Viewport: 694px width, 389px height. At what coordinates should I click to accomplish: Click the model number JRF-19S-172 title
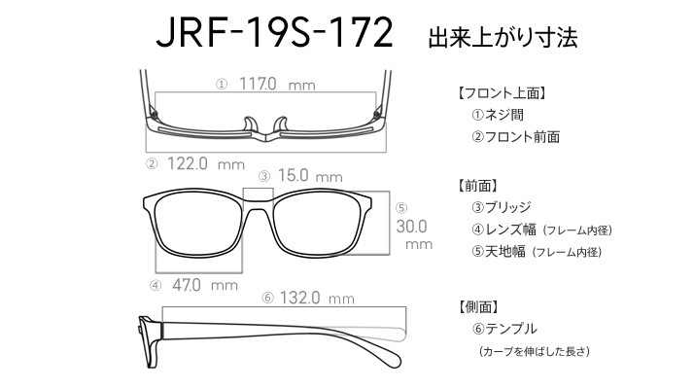[x=274, y=32]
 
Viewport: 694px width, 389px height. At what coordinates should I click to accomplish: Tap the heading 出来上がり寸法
[x=503, y=37]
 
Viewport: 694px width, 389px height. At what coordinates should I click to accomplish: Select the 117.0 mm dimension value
[x=277, y=84]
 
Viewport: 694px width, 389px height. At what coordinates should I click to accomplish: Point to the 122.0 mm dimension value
[x=206, y=164]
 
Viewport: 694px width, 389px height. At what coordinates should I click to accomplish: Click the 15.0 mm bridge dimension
[x=310, y=176]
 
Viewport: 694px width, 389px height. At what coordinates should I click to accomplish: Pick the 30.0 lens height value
[x=411, y=227]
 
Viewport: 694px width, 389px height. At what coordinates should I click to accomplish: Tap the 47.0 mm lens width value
[x=205, y=285]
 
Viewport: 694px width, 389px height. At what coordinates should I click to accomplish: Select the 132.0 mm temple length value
[x=317, y=298]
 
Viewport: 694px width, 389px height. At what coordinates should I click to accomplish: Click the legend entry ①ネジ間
[x=498, y=115]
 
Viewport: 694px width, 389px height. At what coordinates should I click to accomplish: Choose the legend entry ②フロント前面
[x=515, y=137]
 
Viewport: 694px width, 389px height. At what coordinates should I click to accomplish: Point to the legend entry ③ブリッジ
[x=501, y=207]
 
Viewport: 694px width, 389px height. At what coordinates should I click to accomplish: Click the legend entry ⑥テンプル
[x=504, y=329]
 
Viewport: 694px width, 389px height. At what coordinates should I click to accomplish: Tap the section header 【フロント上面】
[x=501, y=93]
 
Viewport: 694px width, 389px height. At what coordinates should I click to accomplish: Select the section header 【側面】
[x=478, y=307]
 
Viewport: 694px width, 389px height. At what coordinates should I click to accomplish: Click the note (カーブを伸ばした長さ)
[x=535, y=351]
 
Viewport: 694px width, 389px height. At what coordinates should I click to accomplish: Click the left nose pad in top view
[x=250, y=124]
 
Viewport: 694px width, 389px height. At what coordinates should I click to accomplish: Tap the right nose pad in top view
[x=281, y=124]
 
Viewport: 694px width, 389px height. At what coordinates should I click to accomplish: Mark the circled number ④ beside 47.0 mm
[x=156, y=286]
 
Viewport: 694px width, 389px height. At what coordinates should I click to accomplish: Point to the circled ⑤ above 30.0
[x=401, y=208]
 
